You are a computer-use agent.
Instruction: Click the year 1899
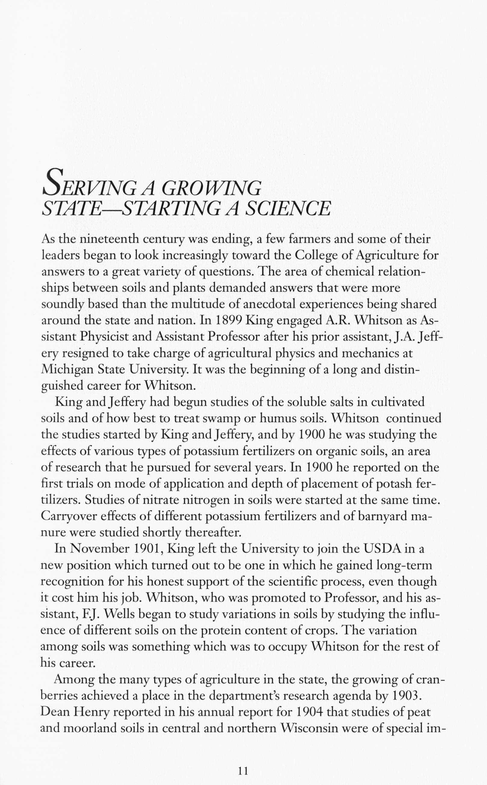coord(227,320)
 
